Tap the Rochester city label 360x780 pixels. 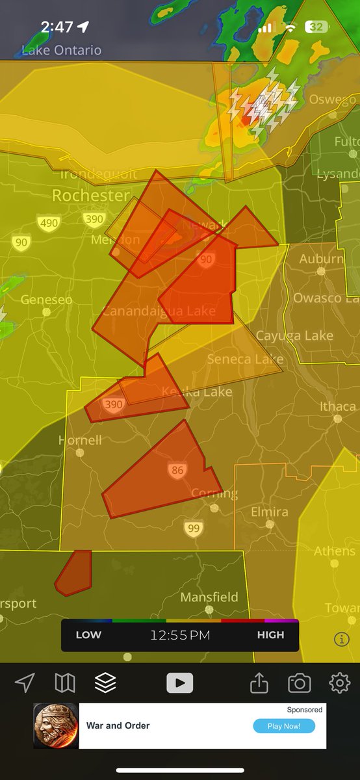(x=90, y=195)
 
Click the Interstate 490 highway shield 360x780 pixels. (x=49, y=223)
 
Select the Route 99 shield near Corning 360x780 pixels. (x=193, y=528)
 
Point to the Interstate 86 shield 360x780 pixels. (x=177, y=470)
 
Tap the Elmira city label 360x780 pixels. (x=270, y=512)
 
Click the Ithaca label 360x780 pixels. (x=337, y=407)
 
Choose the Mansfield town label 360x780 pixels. (x=209, y=597)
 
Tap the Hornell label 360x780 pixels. (x=80, y=440)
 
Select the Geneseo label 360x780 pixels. (x=46, y=300)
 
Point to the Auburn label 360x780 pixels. (x=321, y=259)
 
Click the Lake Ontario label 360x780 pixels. (x=62, y=50)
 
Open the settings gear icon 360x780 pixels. (x=339, y=682)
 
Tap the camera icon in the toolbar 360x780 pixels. (x=299, y=682)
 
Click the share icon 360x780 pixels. (x=259, y=682)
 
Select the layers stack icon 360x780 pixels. (x=105, y=682)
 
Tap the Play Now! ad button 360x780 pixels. (x=284, y=726)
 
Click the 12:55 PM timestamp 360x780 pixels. (x=180, y=635)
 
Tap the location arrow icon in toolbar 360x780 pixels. (x=25, y=682)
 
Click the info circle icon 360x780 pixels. (x=342, y=639)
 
